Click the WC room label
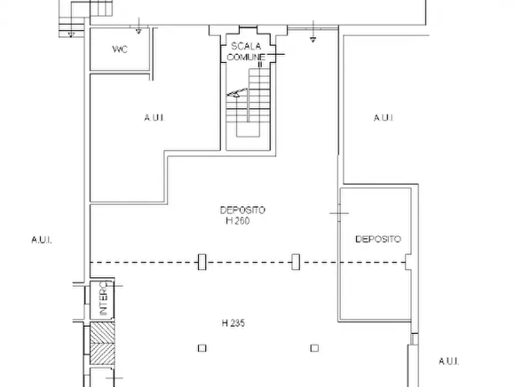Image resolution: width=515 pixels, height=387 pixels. click(x=120, y=49)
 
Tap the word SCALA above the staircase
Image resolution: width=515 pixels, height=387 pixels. click(x=246, y=46)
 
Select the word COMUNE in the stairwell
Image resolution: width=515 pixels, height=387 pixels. click(x=246, y=57)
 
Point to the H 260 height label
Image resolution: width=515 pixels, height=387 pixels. click(x=238, y=221)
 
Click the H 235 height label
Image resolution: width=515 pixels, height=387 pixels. click(x=234, y=323)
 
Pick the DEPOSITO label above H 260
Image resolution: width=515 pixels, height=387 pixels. click(x=242, y=210)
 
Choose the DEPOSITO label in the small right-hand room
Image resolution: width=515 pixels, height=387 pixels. click(x=378, y=239)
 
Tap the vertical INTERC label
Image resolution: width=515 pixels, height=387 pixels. click(x=103, y=298)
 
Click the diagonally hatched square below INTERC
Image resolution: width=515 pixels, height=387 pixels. click(x=103, y=343)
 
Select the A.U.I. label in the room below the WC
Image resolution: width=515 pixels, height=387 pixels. click(x=155, y=117)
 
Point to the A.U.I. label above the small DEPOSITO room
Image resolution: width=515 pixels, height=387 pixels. click(x=384, y=117)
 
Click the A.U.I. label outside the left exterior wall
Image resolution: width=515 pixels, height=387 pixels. click(x=42, y=240)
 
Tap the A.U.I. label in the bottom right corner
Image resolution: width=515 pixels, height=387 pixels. click(x=449, y=362)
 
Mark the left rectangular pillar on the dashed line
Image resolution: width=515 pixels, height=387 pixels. click(x=202, y=262)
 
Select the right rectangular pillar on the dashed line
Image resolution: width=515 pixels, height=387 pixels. click(x=296, y=262)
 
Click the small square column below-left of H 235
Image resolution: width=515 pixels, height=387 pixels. click(x=202, y=348)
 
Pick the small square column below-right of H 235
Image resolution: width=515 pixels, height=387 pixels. click(x=314, y=348)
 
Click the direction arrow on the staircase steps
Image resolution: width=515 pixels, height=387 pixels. click(x=237, y=93)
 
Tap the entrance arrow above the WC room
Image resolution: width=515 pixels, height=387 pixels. click(x=138, y=26)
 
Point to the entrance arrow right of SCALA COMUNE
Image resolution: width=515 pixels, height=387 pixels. click(x=313, y=32)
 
